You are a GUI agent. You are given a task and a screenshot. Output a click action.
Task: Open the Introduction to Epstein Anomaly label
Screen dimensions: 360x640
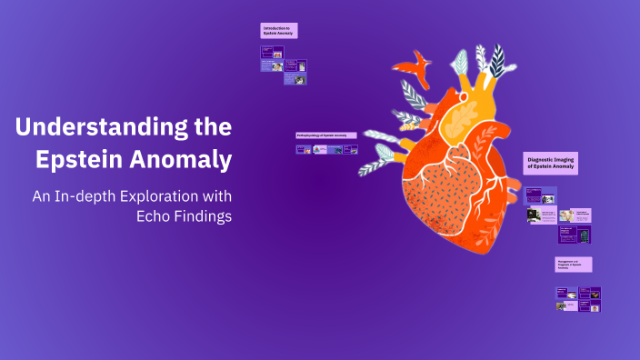click(x=278, y=31)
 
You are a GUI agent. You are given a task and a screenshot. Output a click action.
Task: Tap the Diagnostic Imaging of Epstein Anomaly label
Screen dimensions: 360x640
click(x=551, y=162)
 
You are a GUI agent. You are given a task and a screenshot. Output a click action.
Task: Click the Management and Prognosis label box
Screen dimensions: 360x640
click(x=574, y=264)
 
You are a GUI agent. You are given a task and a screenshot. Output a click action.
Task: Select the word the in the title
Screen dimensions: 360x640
click(x=211, y=127)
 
